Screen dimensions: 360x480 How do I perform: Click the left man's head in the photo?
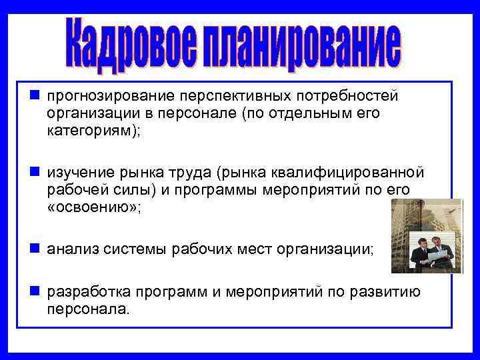point(422,239)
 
